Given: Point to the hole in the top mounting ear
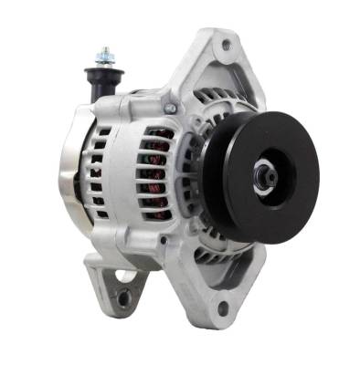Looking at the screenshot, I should pos(225,43).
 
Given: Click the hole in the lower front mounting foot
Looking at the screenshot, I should pos(222,308).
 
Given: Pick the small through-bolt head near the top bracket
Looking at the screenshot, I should pos(169,109).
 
